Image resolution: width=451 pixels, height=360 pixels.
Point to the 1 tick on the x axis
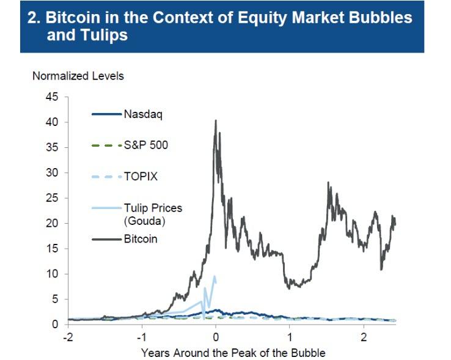[x=290, y=336]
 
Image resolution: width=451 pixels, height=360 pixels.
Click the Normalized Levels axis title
[x=78, y=76]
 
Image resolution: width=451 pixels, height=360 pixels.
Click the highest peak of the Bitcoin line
[x=215, y=120]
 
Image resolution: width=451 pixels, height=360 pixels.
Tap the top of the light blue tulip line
[x=214, y=276]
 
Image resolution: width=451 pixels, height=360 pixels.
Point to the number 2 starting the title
[x=34, y=18]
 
